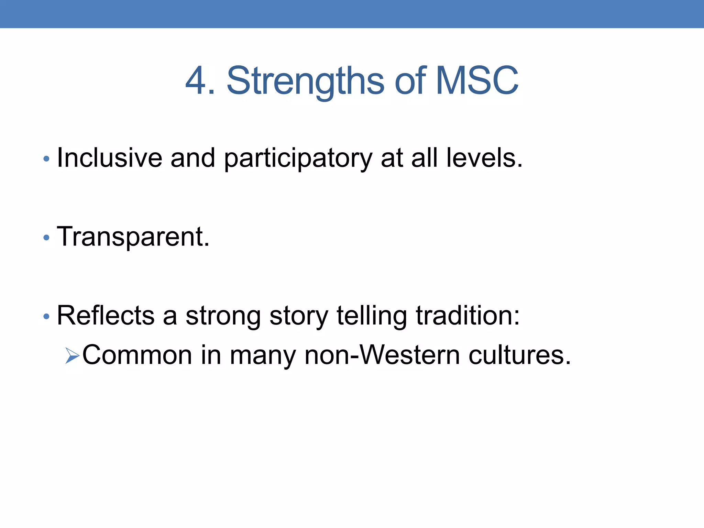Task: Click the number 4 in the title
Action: pyautogui.click(x=196, y=81)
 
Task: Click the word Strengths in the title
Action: pyautogui.click(x=305, y=81)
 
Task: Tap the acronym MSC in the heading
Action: pyautogui.click(x=477, y=81)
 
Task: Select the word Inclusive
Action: pyautogui.click(x=109, y=158)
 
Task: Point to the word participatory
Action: pyautogui.click(x=298, y=159)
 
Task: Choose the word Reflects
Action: pyautogui.click(x=106, y=315)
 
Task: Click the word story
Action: pyautogui.click(x=299, y=316)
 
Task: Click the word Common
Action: pyautogui.click(x=137, y=355)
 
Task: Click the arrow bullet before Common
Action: pyautogui.click(x=72, y=355)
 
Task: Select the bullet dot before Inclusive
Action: pyautogui.click(x=46, y=159)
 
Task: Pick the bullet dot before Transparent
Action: pyautogui.click(x=46, y=238)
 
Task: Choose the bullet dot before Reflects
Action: pyautogui.click(x=46, y=316)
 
